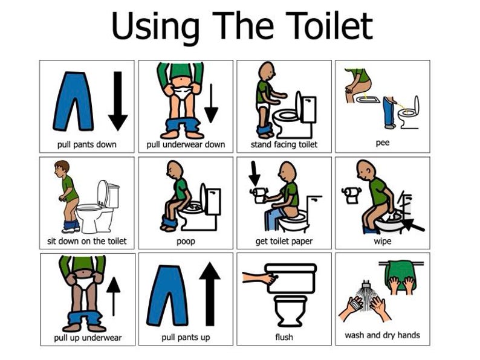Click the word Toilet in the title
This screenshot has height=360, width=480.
327,27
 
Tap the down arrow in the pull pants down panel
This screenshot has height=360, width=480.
117,100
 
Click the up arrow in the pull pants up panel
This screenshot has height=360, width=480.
210,294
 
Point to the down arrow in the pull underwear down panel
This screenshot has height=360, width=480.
211,103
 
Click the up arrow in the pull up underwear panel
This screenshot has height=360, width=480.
113,296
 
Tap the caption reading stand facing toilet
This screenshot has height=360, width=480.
284,145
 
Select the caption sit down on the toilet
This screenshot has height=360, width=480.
87,241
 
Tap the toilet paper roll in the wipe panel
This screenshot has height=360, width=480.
351,193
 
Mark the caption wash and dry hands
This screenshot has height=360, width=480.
382,335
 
